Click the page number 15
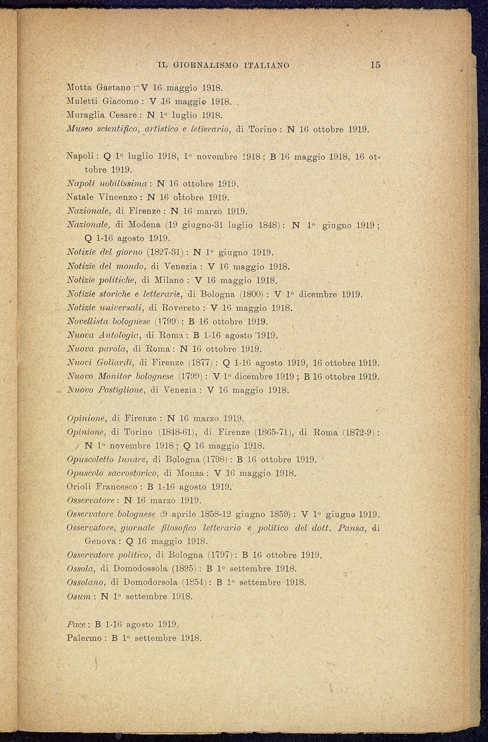pos(375,65)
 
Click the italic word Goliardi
pos(117,363)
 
